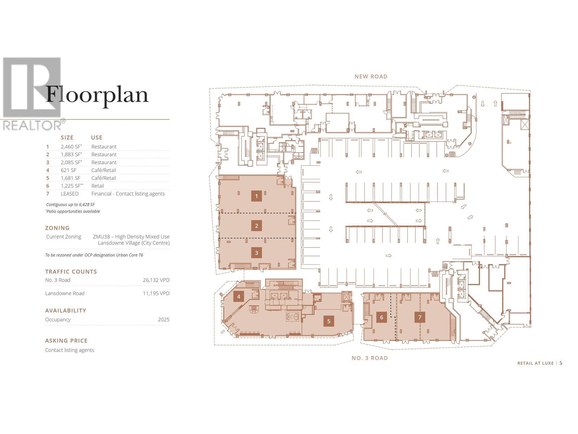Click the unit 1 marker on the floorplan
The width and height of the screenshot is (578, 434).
coord(256,196)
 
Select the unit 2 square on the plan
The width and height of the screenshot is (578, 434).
coord(256,226)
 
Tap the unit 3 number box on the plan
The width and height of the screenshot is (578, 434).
coord(256,253)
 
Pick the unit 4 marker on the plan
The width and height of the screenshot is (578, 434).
coord(238,297)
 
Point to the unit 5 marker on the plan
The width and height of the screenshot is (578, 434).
coord(329,321)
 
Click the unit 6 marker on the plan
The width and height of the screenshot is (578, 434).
coord(381,318)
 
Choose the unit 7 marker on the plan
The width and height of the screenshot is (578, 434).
coord(420,318)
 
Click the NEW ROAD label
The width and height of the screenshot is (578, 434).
coord(371,76)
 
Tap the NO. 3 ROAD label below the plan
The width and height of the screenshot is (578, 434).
coord(370,358)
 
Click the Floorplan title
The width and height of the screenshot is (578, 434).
coord(97,95)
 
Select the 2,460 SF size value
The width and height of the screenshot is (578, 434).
coord(71,147)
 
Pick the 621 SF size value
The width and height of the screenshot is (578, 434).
coord(68,170)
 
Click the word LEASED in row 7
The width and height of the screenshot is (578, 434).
coord(69,194)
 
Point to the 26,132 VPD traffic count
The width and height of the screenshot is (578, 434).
coord(156,280)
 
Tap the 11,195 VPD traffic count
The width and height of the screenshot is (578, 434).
coord(156,293)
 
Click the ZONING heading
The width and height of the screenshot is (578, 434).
coord(57,228)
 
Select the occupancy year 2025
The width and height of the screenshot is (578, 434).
coord(163,320)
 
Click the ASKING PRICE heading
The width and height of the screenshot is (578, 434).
coord(66,341)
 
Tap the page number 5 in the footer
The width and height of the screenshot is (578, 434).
coord(561,363)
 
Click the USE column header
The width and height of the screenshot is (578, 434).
coord(96,138)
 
